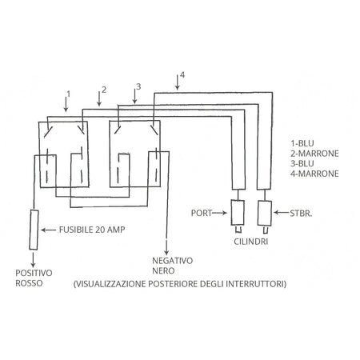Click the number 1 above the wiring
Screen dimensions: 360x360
click(69, 94)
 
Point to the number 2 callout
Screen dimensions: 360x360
click(104, 90)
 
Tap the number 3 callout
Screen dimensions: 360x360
click(138, 86)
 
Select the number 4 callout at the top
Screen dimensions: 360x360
click(182, 75)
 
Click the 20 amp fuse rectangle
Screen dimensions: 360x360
click(34, 230)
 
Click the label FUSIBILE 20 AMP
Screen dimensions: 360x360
click(92, 230)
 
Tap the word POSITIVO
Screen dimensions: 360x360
click(34, 273)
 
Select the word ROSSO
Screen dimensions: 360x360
click(29, 283)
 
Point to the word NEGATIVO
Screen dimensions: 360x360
click(173, 261)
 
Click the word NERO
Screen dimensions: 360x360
click(163, 270)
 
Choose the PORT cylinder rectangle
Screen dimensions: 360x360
click(238, 213)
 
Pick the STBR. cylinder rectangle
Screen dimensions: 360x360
click(265, 214)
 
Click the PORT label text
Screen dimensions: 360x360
click(202, 213)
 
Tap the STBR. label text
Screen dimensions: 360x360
click(301, 214)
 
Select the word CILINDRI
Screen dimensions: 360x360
click(251, 242)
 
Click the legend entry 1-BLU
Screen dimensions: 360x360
click(302, 143)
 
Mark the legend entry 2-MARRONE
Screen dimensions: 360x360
click(314, 154)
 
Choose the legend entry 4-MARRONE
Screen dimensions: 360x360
click(314, 174)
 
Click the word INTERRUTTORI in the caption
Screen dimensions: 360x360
click(256, 284)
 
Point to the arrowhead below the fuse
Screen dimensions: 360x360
click(33, 265)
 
